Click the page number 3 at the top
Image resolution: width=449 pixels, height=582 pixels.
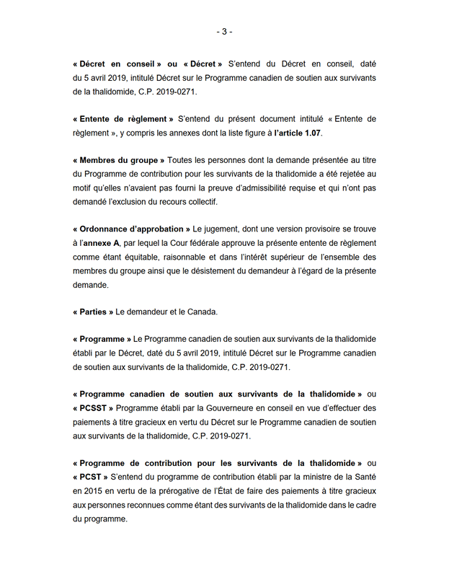tap(224, 32)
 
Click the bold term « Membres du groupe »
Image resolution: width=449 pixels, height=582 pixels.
tap(119, 159)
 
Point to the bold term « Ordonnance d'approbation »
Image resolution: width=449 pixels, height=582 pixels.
tap(131, 229)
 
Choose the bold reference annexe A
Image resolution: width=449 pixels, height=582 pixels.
tap(100, 243)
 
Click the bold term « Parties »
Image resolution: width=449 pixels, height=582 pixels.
tap(93, 312)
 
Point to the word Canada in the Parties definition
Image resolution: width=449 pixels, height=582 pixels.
tap(205, 312)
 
